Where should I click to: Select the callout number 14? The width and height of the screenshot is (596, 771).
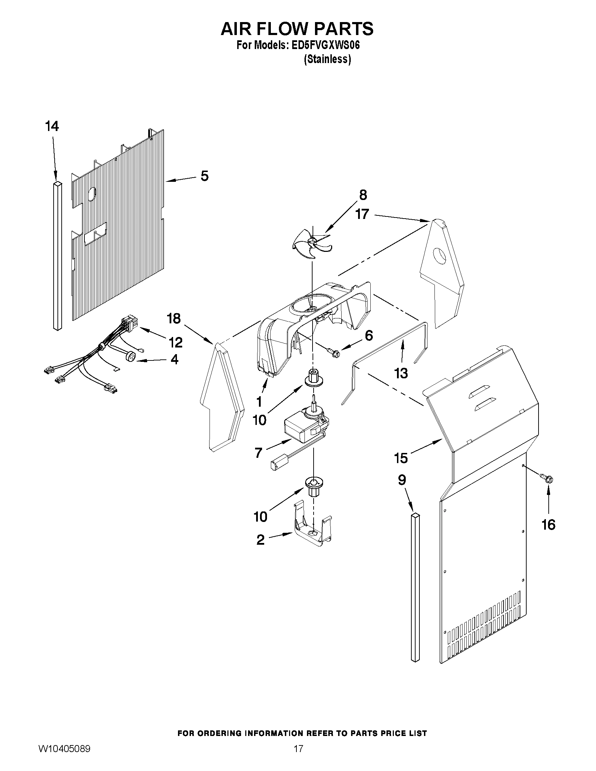(52, 126)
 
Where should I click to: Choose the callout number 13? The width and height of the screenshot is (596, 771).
(401, 373)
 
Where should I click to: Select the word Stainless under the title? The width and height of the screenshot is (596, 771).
(327, 59)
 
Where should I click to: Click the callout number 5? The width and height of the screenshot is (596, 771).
(205, 176)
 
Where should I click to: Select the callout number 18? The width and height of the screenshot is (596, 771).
(174, 318)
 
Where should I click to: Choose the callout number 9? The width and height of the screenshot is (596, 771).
(402, 480)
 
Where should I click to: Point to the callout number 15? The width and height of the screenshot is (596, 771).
(401, 458)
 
